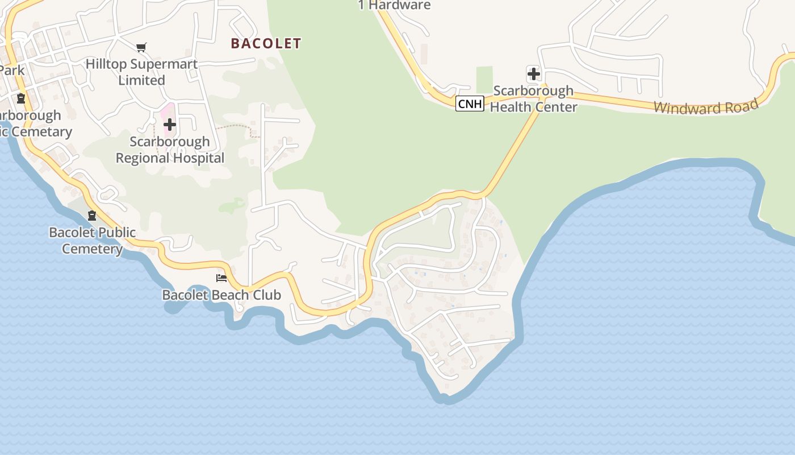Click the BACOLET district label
tap(266, 43)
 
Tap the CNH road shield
tap(470, 104)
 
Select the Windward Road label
tap(706, 106)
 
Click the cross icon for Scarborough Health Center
tap(533, 73)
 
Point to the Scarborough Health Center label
tap(533, 98)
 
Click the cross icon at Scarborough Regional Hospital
tap(169, 125)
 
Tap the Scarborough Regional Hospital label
tap(170, 150)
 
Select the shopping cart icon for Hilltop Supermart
tap(141, 48)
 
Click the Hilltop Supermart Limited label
tap(141, 72)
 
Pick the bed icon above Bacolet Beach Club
tap(221, 278)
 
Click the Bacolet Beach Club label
tap(221, 295)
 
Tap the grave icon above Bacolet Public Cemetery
tap(92, 216)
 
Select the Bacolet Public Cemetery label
tap(92, 240)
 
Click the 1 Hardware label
tap(394, 5)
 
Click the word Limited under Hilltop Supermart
tap(141, 80)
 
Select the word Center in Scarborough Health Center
tap(556, 106)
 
